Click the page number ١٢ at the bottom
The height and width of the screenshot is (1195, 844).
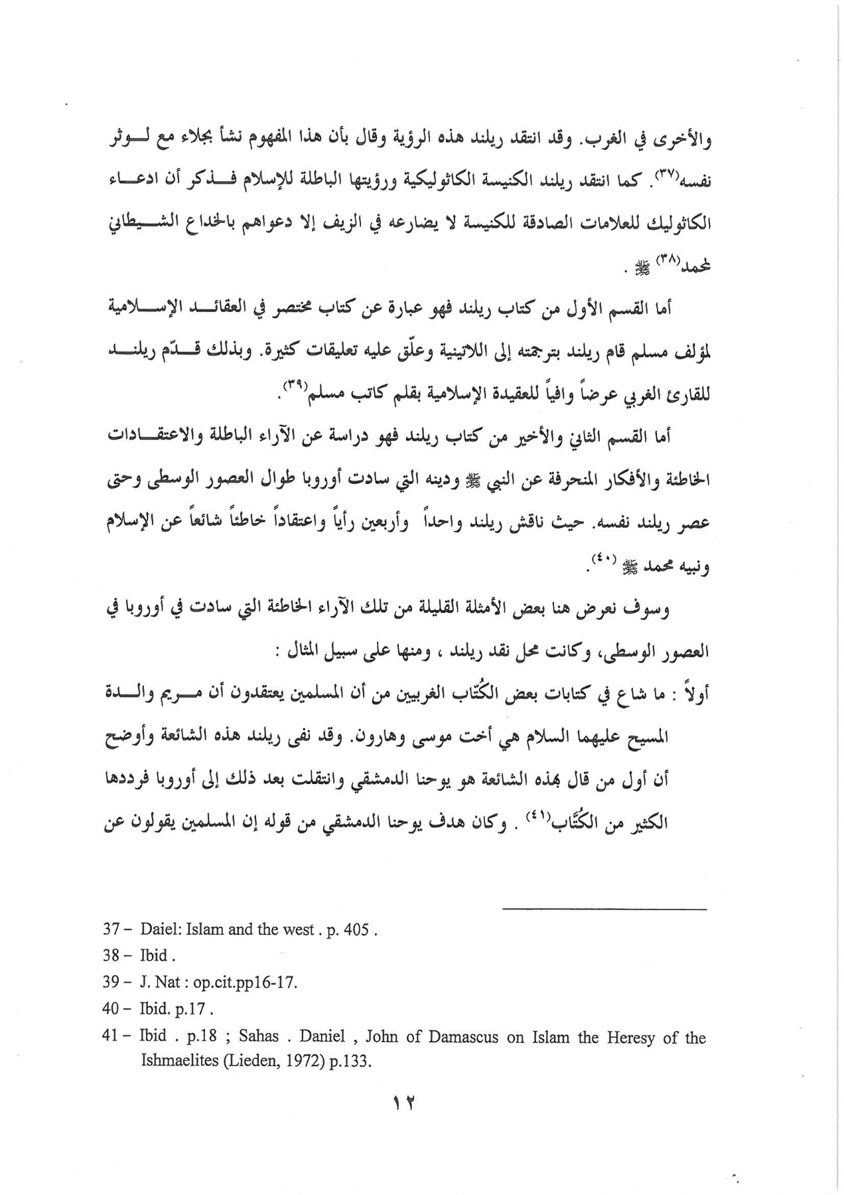pyautogui.click(x=403, y=1103)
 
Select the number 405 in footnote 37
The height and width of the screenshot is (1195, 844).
pyautogui.click(x=358, y=929)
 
